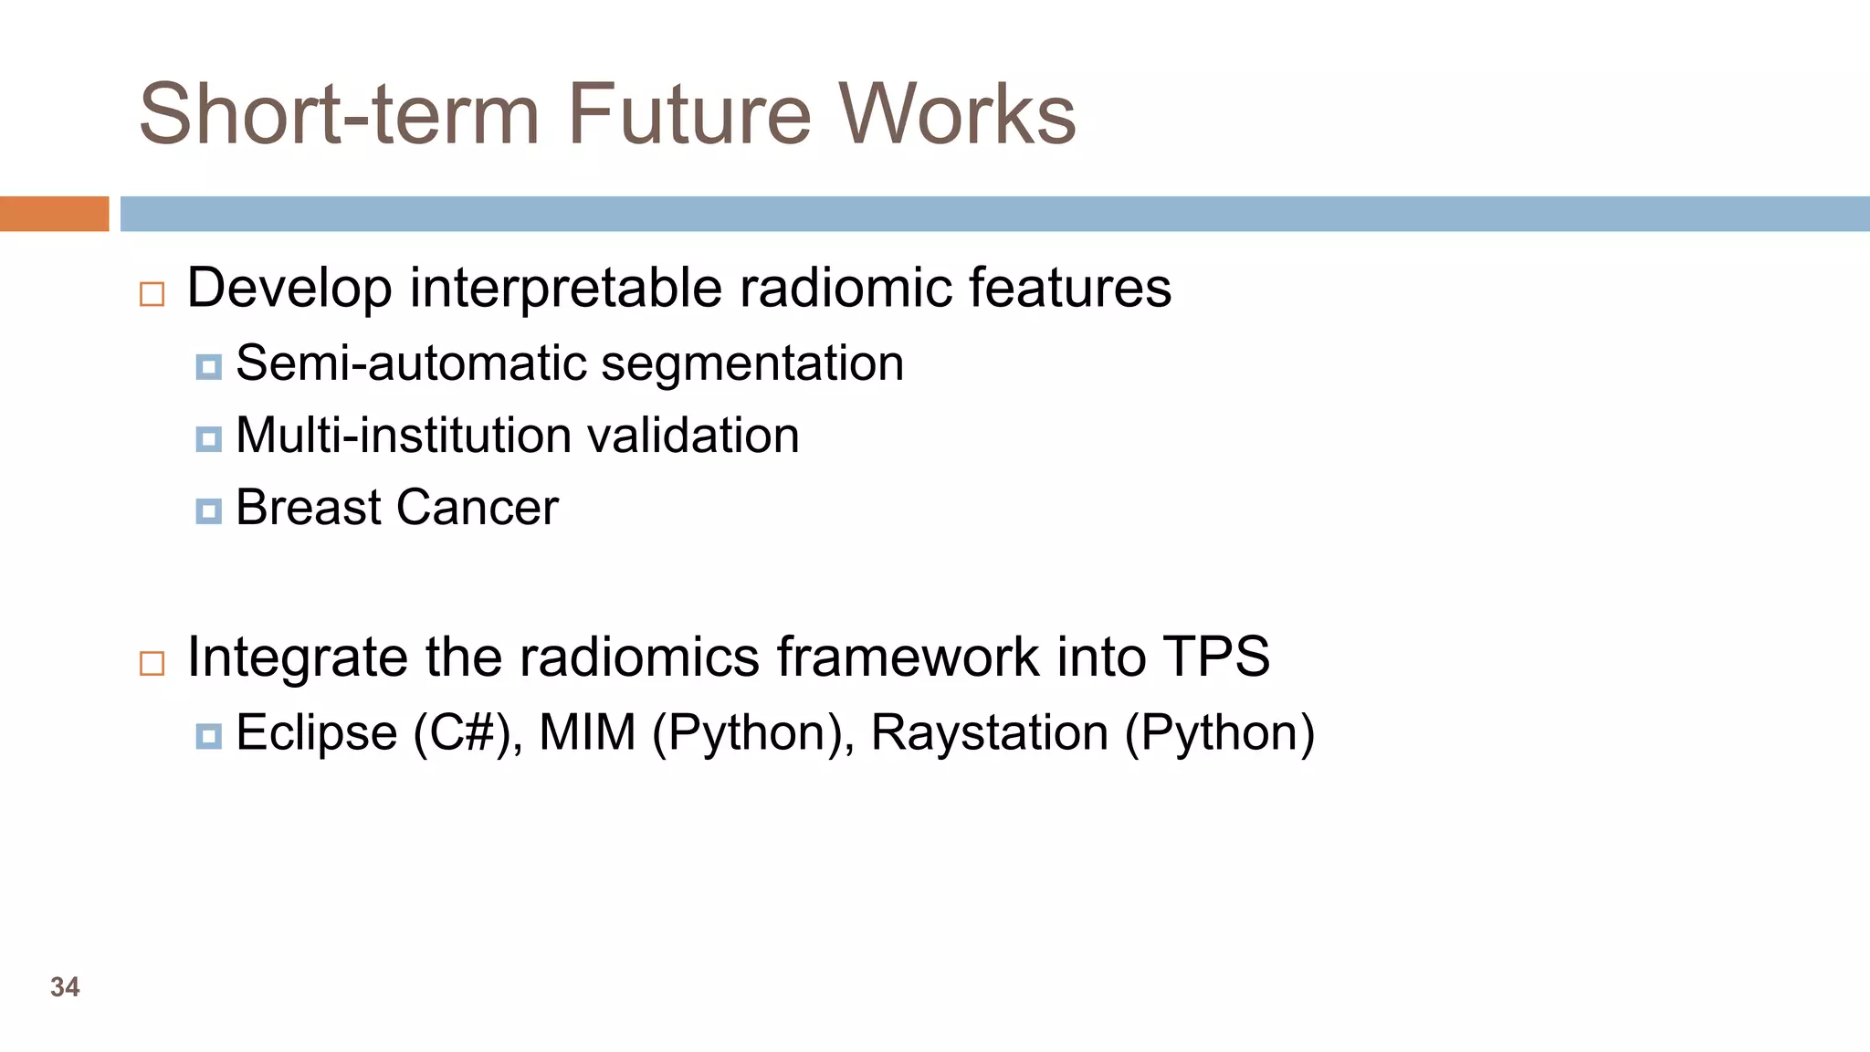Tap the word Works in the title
pos(958,115)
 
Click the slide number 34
pos(65,987)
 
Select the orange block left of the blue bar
pos(54,214)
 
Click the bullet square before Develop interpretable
pos(152,294)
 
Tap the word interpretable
pos(566,289)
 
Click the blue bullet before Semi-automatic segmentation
pos(208,367)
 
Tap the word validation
pos(693,436)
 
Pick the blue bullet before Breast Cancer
pos(208,511)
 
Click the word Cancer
pos(477,508)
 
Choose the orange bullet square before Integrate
pos(152,663)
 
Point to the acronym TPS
pos(1215,657)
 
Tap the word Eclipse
pos(317,733)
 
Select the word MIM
pos(587,733)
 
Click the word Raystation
pos(990,733)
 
